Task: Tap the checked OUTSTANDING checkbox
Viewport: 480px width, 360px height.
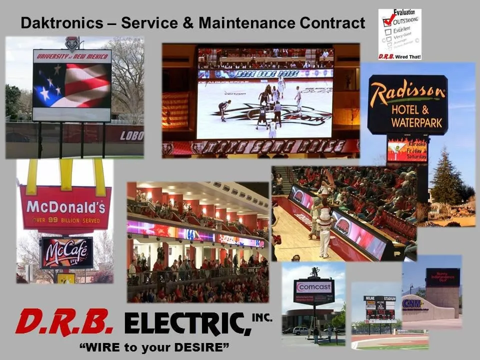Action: point(386,22)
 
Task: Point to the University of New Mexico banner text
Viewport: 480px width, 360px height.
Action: point(71,56)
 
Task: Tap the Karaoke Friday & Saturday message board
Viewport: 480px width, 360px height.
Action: point(407,149)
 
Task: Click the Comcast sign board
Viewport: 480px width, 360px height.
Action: point(314,287)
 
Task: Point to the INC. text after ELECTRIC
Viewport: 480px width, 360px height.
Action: point(261,316)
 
